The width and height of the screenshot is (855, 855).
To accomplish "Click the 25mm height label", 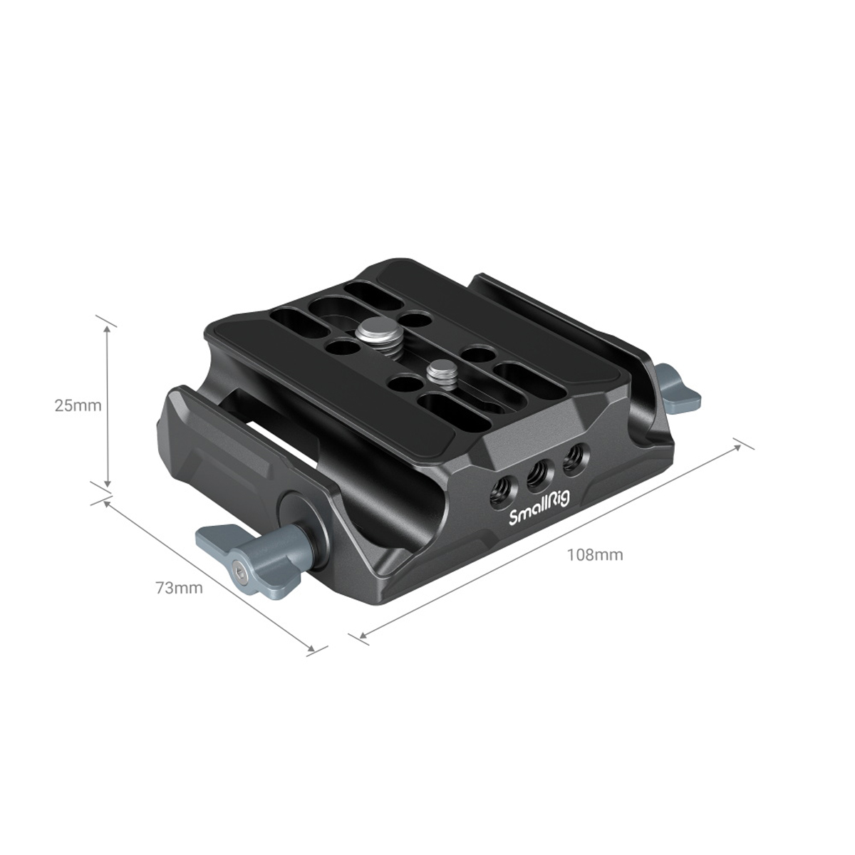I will point(78,405).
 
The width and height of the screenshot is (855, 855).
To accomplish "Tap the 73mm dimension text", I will point(179,588).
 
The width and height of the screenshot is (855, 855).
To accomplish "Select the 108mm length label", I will point(595,554).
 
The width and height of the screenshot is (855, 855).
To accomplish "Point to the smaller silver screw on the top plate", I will point(441,371).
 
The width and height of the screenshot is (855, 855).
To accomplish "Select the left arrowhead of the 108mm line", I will point(363,633).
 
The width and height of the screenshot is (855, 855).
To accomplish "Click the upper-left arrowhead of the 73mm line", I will point(108,504).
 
